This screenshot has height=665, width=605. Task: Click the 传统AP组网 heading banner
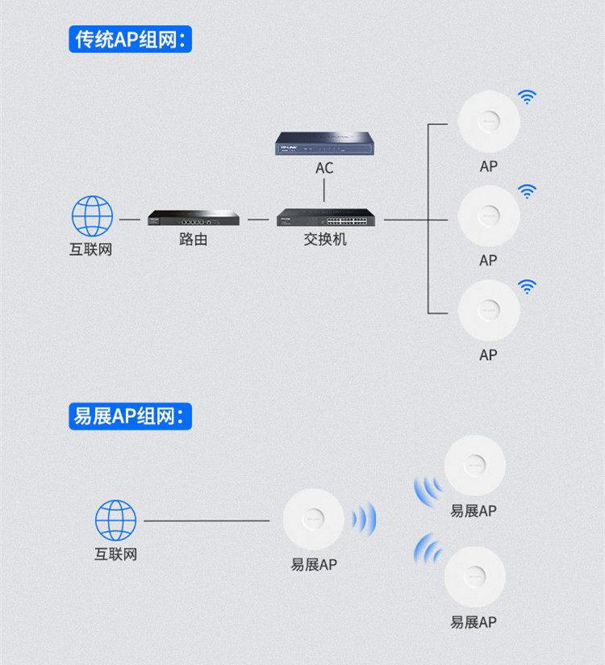pos(130,39)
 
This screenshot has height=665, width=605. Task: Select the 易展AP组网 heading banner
pos(130,416)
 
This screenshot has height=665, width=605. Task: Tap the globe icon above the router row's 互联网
pos(92,215)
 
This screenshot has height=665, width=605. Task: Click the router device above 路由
pos(194,218)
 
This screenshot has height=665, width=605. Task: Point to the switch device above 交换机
pos(326,217)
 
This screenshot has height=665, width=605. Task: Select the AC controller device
pos(324,144)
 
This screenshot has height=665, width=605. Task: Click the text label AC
pos(324,168)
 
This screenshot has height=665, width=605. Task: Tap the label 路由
pos(194,239)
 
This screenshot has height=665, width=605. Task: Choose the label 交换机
pos(325,239)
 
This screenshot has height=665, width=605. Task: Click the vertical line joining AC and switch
pos(324,190)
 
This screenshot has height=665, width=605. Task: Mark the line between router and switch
pos(258,220)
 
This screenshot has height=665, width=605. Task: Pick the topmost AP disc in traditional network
pos(489,121)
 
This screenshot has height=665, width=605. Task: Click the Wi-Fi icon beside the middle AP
pos(527,192)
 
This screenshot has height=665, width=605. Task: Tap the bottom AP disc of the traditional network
pos(489,310)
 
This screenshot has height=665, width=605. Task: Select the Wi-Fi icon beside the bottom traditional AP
pos(527,286)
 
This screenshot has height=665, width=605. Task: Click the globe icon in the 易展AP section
pos(115,521)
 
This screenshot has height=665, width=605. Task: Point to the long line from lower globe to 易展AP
pos(207,521)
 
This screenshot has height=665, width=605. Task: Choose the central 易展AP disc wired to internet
pos(313,519)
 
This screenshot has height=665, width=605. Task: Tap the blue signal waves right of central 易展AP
pos(364,519)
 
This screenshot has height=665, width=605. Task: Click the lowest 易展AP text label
pos(474,622)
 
